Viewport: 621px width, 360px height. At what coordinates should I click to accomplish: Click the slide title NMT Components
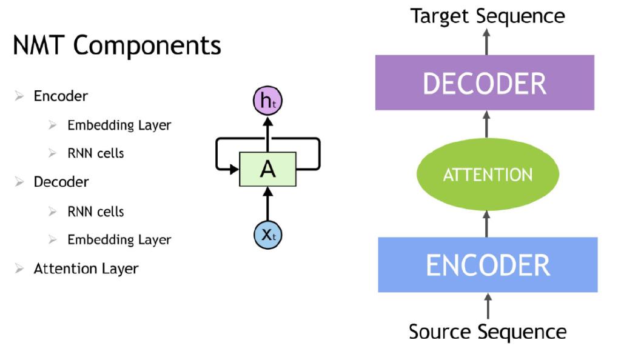point(117,45)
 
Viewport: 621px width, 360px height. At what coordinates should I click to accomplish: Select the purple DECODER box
point(485,82)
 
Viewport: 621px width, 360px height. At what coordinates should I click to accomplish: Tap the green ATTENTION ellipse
point(488,174)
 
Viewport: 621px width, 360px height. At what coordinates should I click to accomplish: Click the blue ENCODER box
point(488,265)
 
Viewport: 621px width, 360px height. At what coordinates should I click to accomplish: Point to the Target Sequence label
point(488,16)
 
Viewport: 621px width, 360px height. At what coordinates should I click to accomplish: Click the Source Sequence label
point(488,332)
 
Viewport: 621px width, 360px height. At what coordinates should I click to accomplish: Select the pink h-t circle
point(267,101)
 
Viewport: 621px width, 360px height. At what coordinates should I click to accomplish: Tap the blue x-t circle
point(267,235)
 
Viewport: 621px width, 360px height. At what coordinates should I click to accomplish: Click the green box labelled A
point(267,169)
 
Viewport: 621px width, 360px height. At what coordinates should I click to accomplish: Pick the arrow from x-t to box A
point(267,204)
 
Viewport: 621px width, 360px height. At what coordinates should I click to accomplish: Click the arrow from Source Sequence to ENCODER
point(488,306)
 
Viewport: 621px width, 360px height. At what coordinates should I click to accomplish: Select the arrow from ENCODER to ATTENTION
point(487,224)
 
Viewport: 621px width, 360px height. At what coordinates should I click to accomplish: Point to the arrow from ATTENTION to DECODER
point(487,124)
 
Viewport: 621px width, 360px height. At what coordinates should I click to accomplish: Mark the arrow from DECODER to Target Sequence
point(487,42)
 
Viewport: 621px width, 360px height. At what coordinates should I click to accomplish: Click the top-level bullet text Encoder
point(61,96)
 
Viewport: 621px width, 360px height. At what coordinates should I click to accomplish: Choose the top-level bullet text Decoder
point(61,182)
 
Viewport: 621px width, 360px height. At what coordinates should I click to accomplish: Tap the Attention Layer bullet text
point(86,268)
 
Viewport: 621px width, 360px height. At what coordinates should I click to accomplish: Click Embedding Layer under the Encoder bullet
point(119,125)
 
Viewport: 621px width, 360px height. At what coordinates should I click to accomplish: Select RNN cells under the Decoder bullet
point(95,212)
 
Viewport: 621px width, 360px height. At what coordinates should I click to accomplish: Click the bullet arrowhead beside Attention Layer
point(19,268)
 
